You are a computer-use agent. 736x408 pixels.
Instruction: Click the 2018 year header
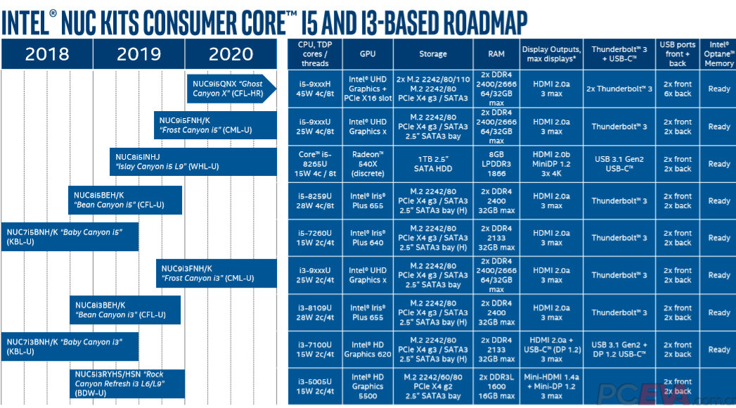pyautogui.click(x=47, y=53)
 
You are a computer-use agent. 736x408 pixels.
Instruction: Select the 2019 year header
pyautogui.click(x=138, y=53)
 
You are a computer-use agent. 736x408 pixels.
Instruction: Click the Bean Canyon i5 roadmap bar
pyautogui.click(x=125, y=200)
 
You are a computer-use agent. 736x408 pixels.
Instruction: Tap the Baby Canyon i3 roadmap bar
pyautogui.click(x=70, y=346)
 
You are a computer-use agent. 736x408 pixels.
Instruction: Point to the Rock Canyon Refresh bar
pyautogui.click(x=127, y=384)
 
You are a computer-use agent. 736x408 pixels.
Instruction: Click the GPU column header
pyautogui.click(x=368, y=53)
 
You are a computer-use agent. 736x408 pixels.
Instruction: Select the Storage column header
pyautogui.click(x=432, y=53)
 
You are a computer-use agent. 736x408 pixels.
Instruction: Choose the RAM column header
pyautogui.click(x=496, y=53)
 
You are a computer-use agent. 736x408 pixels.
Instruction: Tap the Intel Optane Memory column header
pyautogui.click(x=718, y=53)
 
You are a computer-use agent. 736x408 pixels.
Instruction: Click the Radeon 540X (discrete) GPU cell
pyautogui.click(x=368, y=164)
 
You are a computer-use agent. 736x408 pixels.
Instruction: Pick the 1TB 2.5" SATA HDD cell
pyautogui.click(x=432, y=164)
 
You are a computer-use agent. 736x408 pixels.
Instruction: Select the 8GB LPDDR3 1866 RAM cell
pyautogui.click(x=496, y=164)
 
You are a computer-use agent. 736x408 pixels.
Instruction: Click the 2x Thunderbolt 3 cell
pyautogui.click(x=619, y=89)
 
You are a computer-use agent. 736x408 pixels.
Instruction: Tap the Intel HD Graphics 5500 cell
pyautogui.click(x=368, y=386)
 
